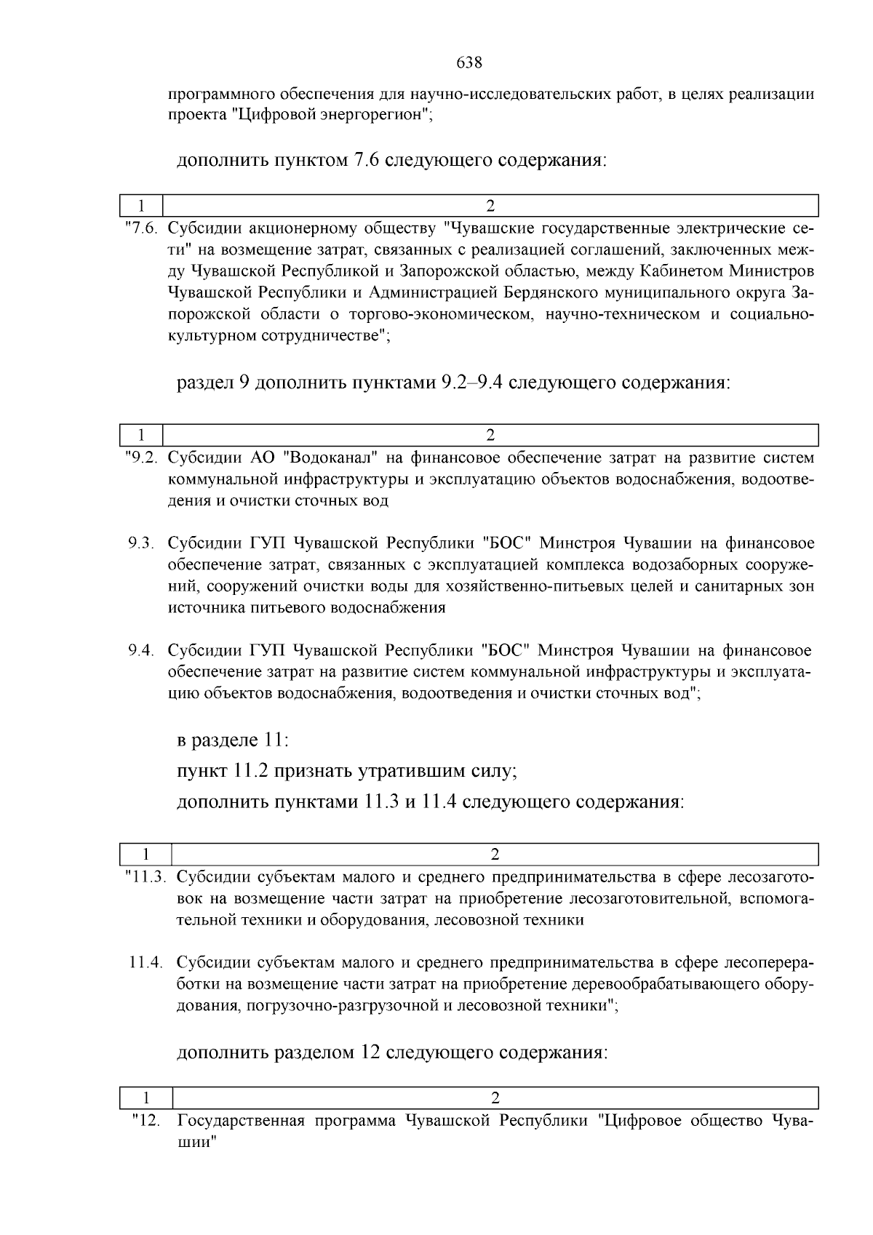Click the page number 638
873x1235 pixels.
coord(469,63)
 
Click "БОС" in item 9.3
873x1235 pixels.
coord(509,543)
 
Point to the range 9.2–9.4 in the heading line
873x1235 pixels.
coord(472,382)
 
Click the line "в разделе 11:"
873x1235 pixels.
coord(233,740)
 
